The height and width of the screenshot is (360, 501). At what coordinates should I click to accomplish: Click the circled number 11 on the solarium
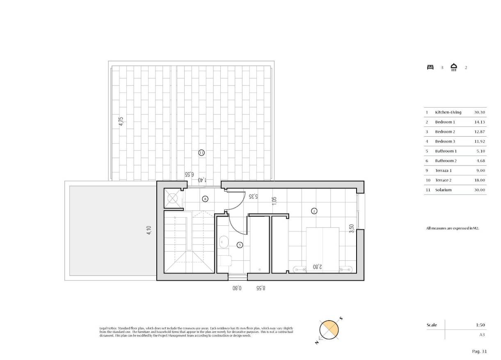click(x=201, y=153)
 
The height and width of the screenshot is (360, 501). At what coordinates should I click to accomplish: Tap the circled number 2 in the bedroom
click(x=314, y=211)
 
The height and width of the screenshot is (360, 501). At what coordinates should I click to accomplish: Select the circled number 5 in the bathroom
click(x=240, y=245)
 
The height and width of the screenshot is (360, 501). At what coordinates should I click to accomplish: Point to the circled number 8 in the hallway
click(x=205, y=199)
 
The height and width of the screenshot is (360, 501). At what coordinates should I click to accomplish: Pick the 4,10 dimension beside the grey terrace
click(x=149, y=231)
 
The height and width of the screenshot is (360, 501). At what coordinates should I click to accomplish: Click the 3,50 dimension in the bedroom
click(x=351, y=229)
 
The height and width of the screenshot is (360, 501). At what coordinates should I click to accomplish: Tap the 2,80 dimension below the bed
click(x=317, y=267)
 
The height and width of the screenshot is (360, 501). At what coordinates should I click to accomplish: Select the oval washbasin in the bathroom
click(x=224, y=242)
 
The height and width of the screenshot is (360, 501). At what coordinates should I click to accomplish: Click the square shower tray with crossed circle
click(x=173, y=198)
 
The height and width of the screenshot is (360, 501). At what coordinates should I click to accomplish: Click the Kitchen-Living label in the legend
click(x=448, y=112)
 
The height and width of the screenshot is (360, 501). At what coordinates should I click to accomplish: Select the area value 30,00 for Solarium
click(x=479, y=190)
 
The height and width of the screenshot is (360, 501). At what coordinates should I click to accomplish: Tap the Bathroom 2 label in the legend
click(x=446, y=161)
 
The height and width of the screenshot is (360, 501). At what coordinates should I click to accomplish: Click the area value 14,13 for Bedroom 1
click(x=479, y=122)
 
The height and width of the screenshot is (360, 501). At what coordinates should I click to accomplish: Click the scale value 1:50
click(x=480, y=325)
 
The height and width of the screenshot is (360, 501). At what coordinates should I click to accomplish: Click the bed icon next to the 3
click(x=430, y=67)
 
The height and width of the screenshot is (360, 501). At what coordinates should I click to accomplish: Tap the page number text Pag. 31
click(x=479, y=351)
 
